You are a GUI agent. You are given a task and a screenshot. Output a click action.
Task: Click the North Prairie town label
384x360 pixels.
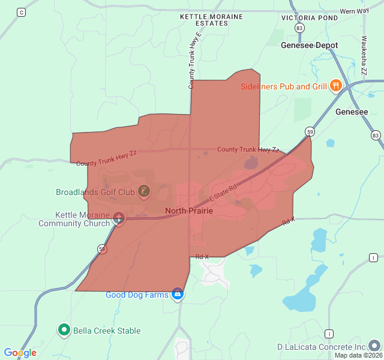pyautogui.click(x=188, y=211)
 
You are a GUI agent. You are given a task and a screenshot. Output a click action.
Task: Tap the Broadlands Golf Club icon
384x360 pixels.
pyautogui.click(x=144, y=192)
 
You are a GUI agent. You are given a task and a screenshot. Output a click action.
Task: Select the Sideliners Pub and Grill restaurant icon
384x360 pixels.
pyautogui.click(x=335, y=86)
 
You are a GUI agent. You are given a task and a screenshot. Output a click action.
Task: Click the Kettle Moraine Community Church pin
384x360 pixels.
pyautogui.click(x=119, y=218)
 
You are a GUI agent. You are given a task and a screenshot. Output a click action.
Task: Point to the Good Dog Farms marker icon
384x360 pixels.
pyautogui.click(x=177, y=294)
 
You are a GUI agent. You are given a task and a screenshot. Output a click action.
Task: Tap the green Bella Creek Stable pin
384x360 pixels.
pyautogui.click(x=64, y=329)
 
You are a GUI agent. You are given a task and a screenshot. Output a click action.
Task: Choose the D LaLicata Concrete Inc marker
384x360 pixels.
pyautogui.click(x=374, y=346)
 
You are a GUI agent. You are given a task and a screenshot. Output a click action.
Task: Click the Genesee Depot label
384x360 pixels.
pyautogui.click(x=309, y=45)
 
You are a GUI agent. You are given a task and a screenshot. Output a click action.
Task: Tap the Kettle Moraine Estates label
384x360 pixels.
pyautogui.click(x=212, y=20)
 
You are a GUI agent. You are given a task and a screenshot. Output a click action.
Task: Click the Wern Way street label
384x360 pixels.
pyautogui.click(x=354, y=11)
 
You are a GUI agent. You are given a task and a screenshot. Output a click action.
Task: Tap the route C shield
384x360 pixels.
pyautogui.click(x=22, y=12)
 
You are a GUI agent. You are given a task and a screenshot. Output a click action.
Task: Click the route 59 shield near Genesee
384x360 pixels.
pyautogui.click(x=310, y=131)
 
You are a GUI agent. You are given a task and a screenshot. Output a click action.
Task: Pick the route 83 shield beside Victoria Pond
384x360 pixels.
pyautogui.click(x=299, y=28)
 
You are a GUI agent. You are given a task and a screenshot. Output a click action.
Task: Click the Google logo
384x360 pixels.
pyautogui.click(x=20, y=353)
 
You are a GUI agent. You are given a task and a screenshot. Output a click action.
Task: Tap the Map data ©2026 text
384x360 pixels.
pyautogui.click(x=358, y=355)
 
